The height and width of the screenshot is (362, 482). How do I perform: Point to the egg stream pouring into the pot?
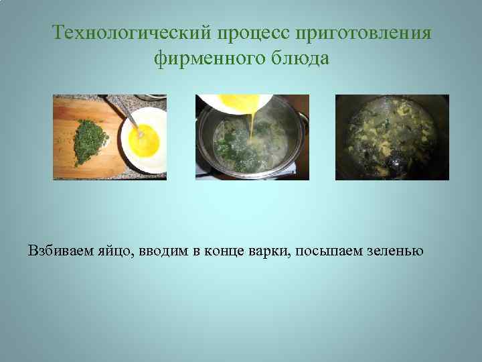[x=252, y=127]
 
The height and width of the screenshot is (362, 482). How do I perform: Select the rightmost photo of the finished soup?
[x=392, y=137]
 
